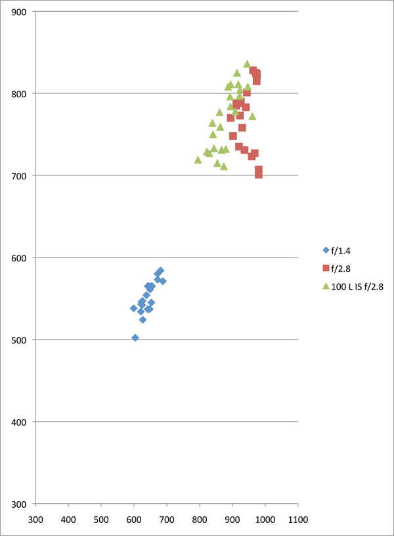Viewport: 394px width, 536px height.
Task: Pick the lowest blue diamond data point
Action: [x=135, y=338]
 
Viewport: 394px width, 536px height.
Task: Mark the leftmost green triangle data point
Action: [x=198, y=160]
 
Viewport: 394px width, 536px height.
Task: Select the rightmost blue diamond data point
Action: [x=163, y=281]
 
